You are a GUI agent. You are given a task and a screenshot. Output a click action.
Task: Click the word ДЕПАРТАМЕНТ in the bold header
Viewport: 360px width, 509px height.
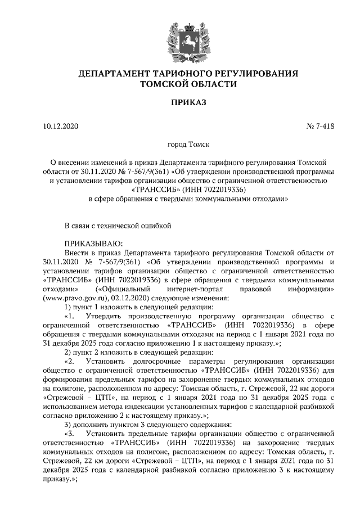pos(118,74)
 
